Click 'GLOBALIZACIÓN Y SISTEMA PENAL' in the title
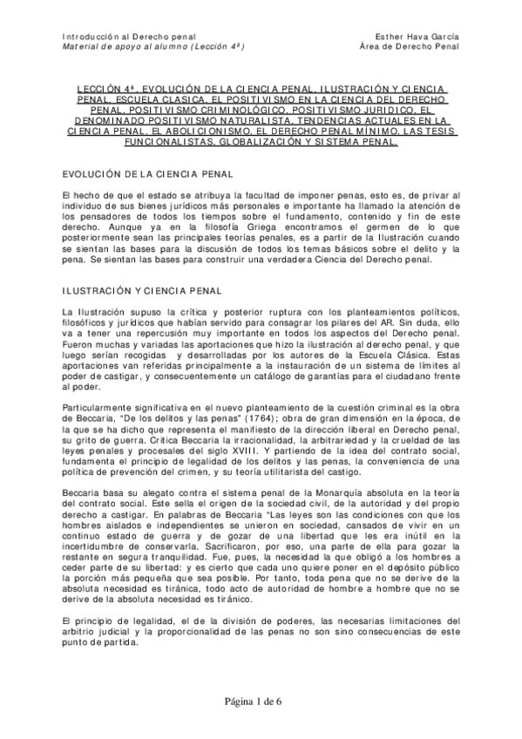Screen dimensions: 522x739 (x=323, y=139)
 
